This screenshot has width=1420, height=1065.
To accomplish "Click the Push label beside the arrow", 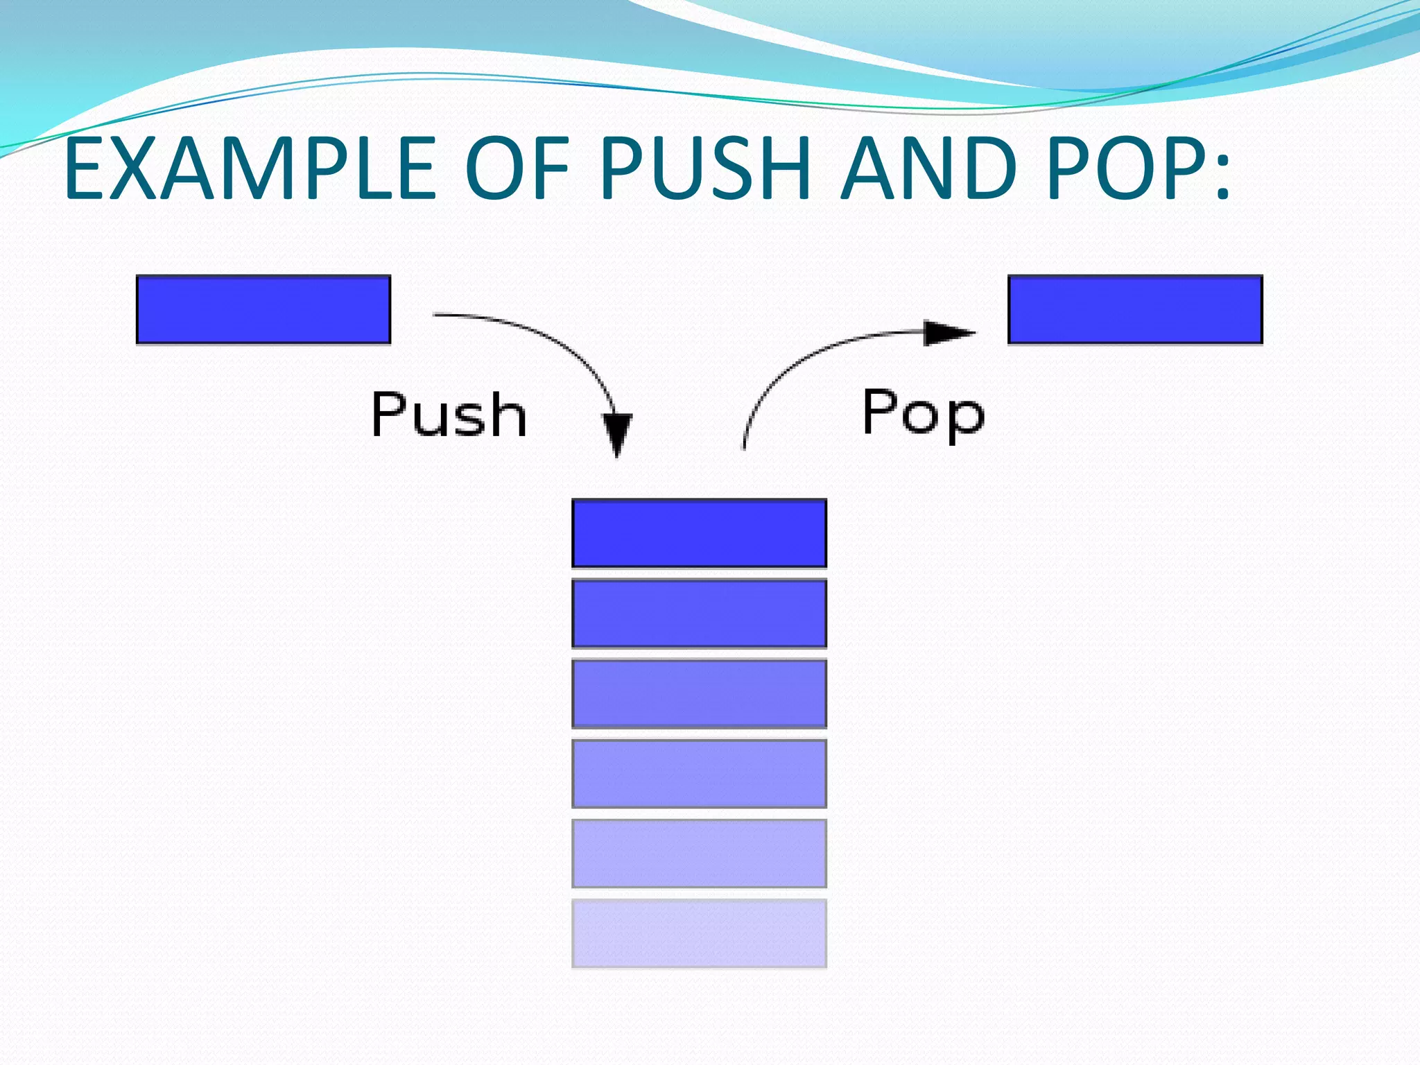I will [449, 414].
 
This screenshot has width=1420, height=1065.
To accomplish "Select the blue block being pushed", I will [263, 309].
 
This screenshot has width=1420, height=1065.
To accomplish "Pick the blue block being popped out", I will [1135, 309].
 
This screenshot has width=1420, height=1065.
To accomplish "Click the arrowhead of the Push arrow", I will [616, 433].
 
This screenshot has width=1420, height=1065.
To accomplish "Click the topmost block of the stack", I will [699, 533].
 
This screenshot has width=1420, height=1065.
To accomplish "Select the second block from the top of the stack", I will [699, 613].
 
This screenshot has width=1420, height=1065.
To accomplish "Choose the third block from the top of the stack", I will [699, 693].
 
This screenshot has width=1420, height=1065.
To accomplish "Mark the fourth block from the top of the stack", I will [699, 773].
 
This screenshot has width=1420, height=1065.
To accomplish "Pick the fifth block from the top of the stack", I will [699, 853].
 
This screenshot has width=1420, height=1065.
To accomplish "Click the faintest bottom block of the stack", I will [699, 933].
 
